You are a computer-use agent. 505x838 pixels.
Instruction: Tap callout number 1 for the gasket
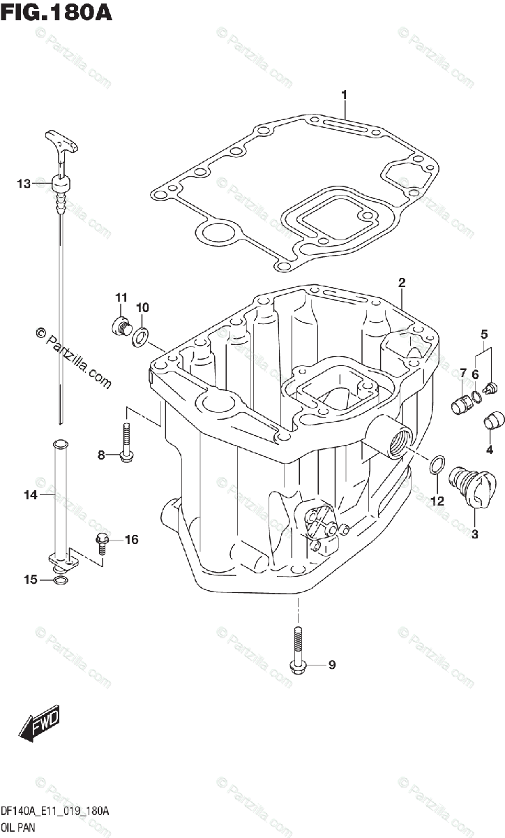(344, 94)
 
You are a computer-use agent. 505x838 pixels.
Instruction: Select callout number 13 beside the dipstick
(24, 184)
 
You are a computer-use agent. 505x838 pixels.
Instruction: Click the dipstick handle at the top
(61, 142)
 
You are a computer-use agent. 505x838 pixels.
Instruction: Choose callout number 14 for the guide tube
(29, 495)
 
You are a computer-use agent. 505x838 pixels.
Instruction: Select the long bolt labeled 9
(297, 649)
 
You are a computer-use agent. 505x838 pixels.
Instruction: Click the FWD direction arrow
(40, 722)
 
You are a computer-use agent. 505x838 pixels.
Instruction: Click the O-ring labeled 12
(436, 464)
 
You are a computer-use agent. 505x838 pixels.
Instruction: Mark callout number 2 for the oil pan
(402, 283)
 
